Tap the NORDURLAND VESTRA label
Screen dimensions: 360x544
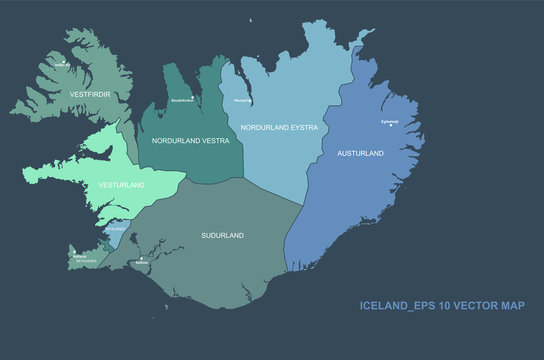tap(190, 141)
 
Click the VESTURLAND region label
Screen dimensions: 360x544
tap(120, 185)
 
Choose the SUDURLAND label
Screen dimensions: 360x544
tap(222, 235)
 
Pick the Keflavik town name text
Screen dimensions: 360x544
tap(80, 257)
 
